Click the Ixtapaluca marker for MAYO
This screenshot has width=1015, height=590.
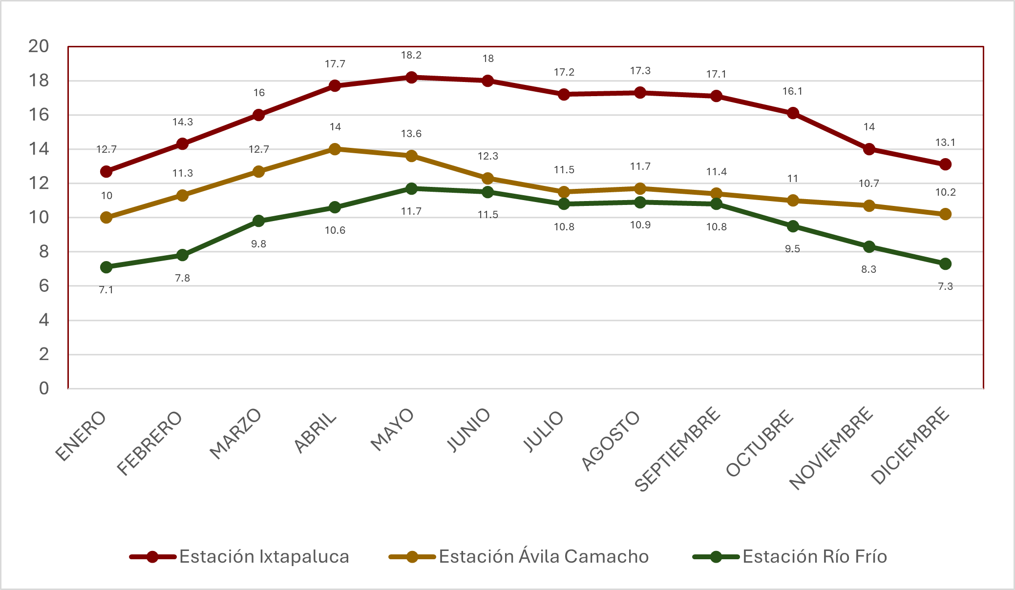coord(411,77)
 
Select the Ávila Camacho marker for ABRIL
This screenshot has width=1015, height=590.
coord(335,149)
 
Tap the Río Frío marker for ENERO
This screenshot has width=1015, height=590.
coord(106,267)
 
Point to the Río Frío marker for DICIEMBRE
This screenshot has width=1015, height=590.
coord(945,264)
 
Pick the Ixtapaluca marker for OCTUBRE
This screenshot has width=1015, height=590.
coord(793,113)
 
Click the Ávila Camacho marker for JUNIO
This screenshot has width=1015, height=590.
coord(487,178)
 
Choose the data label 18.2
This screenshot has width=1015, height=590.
coord(411,55)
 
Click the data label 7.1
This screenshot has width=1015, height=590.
coord(106,290)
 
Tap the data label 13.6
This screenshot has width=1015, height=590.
coord(411,134)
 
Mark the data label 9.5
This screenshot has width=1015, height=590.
coord(792,249)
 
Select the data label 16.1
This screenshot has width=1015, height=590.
coord(792,91)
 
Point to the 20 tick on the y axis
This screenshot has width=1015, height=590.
coord(39,46)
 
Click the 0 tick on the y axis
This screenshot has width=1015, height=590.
coord(44,388)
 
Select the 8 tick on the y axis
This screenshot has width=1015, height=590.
coord(44,252)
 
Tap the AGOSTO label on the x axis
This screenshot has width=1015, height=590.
coord(611,441)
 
